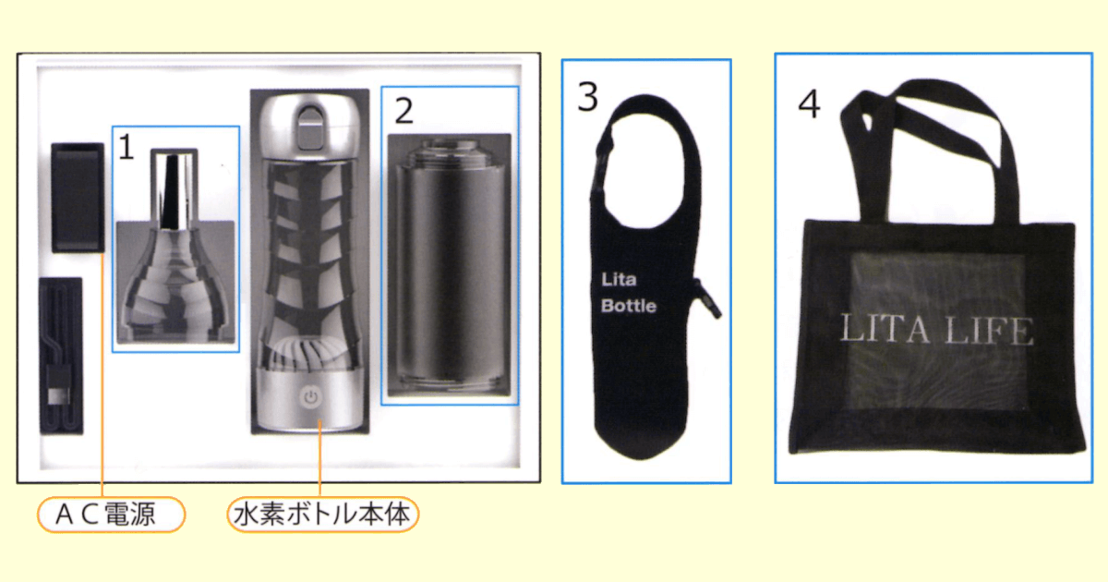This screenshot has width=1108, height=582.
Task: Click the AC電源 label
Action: pyautogui.click(x=111, y=515)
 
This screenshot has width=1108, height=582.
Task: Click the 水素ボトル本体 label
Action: pyautogui.click(x=322, y=515)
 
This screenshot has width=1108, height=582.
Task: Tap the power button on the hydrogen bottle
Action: pyautogui.click(x=311, y=398)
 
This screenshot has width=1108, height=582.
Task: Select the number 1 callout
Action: pyautogui.click(x=126, y=146)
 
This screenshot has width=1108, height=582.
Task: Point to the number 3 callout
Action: pyautogui.click(x=588, y=96)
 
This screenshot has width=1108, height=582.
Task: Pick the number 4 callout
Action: pyautogui.click(x=809, y=104)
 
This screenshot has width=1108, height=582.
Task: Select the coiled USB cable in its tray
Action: pyautogui.click(x=61, y=356)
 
